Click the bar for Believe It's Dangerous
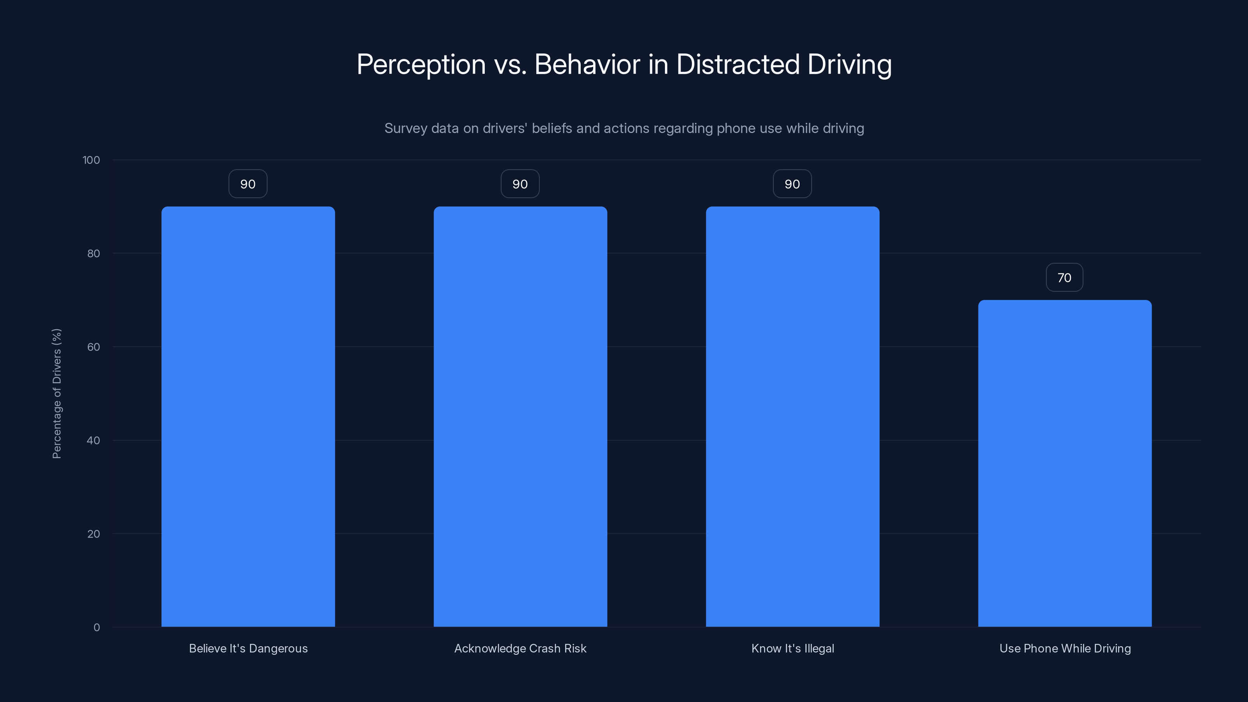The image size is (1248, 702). (248, 417)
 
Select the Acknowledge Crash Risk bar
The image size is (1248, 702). (520, 417)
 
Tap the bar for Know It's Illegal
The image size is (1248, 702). (792, 417)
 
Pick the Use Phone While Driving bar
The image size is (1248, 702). (1065, 463)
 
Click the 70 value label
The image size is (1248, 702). (1064, 278)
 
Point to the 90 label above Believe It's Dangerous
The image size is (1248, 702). (248, 184)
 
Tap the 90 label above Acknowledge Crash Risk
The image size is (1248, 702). (520, 184)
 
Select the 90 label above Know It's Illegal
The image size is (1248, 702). (792, 184)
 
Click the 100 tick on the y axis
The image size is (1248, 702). (91, 160)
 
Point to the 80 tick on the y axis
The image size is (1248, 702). (94, 253)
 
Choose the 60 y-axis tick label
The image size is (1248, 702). (94, 347)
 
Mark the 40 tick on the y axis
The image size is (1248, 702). (94, 440)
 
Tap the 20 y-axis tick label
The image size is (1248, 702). (94, 534)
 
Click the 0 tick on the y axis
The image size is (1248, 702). (97, 628)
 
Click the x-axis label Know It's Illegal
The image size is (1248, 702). (792, 648)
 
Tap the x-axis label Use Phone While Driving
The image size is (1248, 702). (1065, 648)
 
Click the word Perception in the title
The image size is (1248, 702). (421, 64)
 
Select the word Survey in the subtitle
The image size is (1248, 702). (406, 128)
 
